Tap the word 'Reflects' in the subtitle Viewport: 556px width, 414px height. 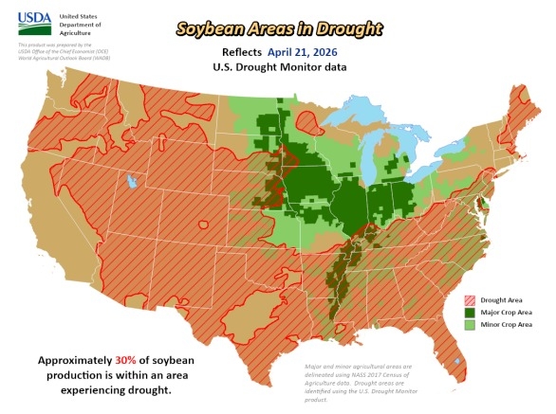pos(250,54)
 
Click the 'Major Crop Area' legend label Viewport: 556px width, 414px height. pos(499,311)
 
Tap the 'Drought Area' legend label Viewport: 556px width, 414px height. pos(493,297)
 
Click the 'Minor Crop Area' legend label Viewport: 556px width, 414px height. pos(499,324)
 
